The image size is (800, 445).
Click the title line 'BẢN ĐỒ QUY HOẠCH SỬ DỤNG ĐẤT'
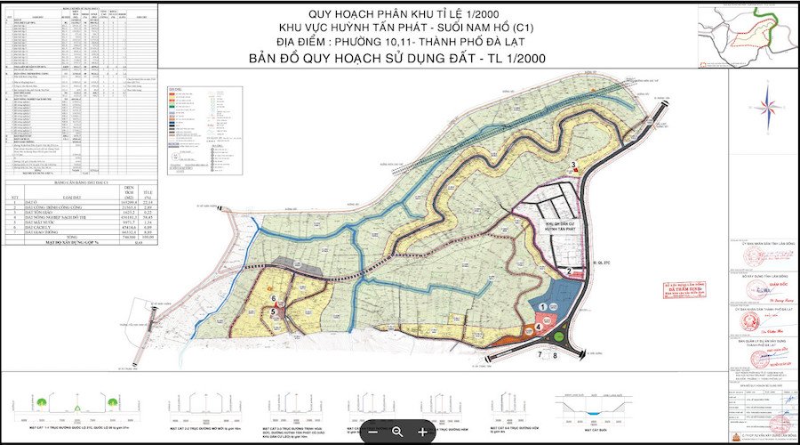[399, 59]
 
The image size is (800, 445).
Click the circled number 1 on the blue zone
[542, 306]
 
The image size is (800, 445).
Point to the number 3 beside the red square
[574, 164]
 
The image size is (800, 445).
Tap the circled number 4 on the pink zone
[539, 327]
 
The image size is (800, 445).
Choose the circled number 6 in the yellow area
[275, 299]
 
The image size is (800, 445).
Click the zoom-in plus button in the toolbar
[422, 432]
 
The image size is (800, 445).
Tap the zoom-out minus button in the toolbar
[372, 432]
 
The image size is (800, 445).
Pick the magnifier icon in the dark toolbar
[397, 432]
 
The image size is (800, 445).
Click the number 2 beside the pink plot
[567, 271]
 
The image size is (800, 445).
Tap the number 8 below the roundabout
[556, 355]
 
